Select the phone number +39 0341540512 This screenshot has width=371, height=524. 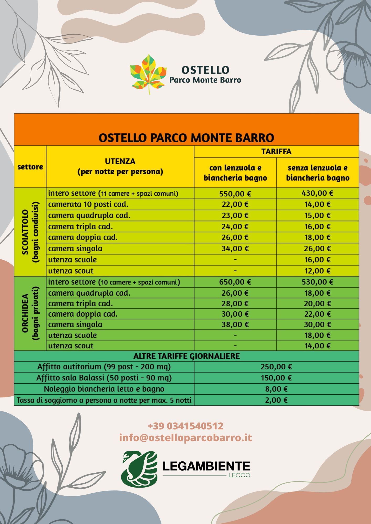(185, 426)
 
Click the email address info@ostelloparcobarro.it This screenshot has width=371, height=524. (185, 438)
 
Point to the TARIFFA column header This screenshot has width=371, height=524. (276, 152)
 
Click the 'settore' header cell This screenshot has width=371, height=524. (30, 167)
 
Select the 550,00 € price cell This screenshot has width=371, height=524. (235, 194)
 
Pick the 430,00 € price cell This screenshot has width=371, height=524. (317, 193)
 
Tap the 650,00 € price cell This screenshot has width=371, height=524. (235, 282)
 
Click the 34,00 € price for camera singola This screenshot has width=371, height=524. (235, 249)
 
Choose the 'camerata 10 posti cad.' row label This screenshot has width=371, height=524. (88, 204)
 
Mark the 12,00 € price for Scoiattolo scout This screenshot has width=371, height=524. (317, 271)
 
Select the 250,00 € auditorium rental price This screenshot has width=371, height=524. (276, 367)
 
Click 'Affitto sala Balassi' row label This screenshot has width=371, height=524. (104, 378)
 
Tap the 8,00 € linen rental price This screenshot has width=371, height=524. (276, 389)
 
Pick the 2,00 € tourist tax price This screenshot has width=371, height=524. (276, 400)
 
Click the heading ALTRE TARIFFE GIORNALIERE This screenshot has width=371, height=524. (187, 356)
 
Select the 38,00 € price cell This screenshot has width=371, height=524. (235, 325)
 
